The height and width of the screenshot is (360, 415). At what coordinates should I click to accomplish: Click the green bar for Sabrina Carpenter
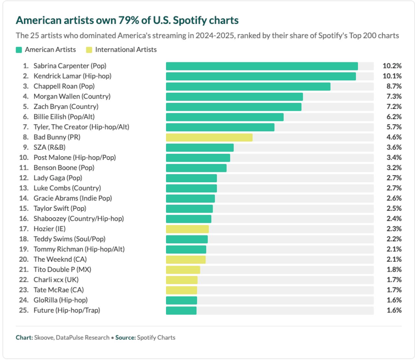point(262,66)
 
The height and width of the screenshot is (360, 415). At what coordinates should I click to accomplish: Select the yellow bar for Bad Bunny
point(209,137)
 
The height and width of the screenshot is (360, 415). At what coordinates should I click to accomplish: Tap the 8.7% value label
point(394,86)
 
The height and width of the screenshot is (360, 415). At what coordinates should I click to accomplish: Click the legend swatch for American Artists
point(19,50)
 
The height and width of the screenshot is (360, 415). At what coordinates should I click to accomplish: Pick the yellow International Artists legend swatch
point(89,50)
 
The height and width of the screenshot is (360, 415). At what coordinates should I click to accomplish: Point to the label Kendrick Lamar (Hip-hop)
point(72,76)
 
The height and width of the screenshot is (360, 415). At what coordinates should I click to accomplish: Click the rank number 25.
point(24,310)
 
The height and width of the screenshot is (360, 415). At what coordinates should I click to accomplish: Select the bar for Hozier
point(187,229)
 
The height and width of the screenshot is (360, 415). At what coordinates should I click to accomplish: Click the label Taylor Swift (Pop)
point(60,209)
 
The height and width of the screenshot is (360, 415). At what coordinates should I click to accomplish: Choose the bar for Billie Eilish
point(225,117)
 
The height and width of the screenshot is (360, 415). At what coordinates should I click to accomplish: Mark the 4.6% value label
point(394,137)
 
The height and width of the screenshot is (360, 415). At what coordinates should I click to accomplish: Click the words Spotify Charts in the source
point(156,338)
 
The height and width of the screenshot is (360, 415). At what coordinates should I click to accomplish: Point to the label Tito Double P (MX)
point(62,270)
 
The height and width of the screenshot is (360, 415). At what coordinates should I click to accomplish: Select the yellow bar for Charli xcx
point(182,280)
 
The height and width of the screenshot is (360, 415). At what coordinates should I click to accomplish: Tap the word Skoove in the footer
point(43,338)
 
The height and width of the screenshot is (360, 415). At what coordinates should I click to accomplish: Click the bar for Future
point(181,310)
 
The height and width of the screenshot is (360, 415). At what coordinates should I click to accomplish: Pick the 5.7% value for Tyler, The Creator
point(394,127)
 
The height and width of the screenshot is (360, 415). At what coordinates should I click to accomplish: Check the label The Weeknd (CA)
point(60,259)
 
